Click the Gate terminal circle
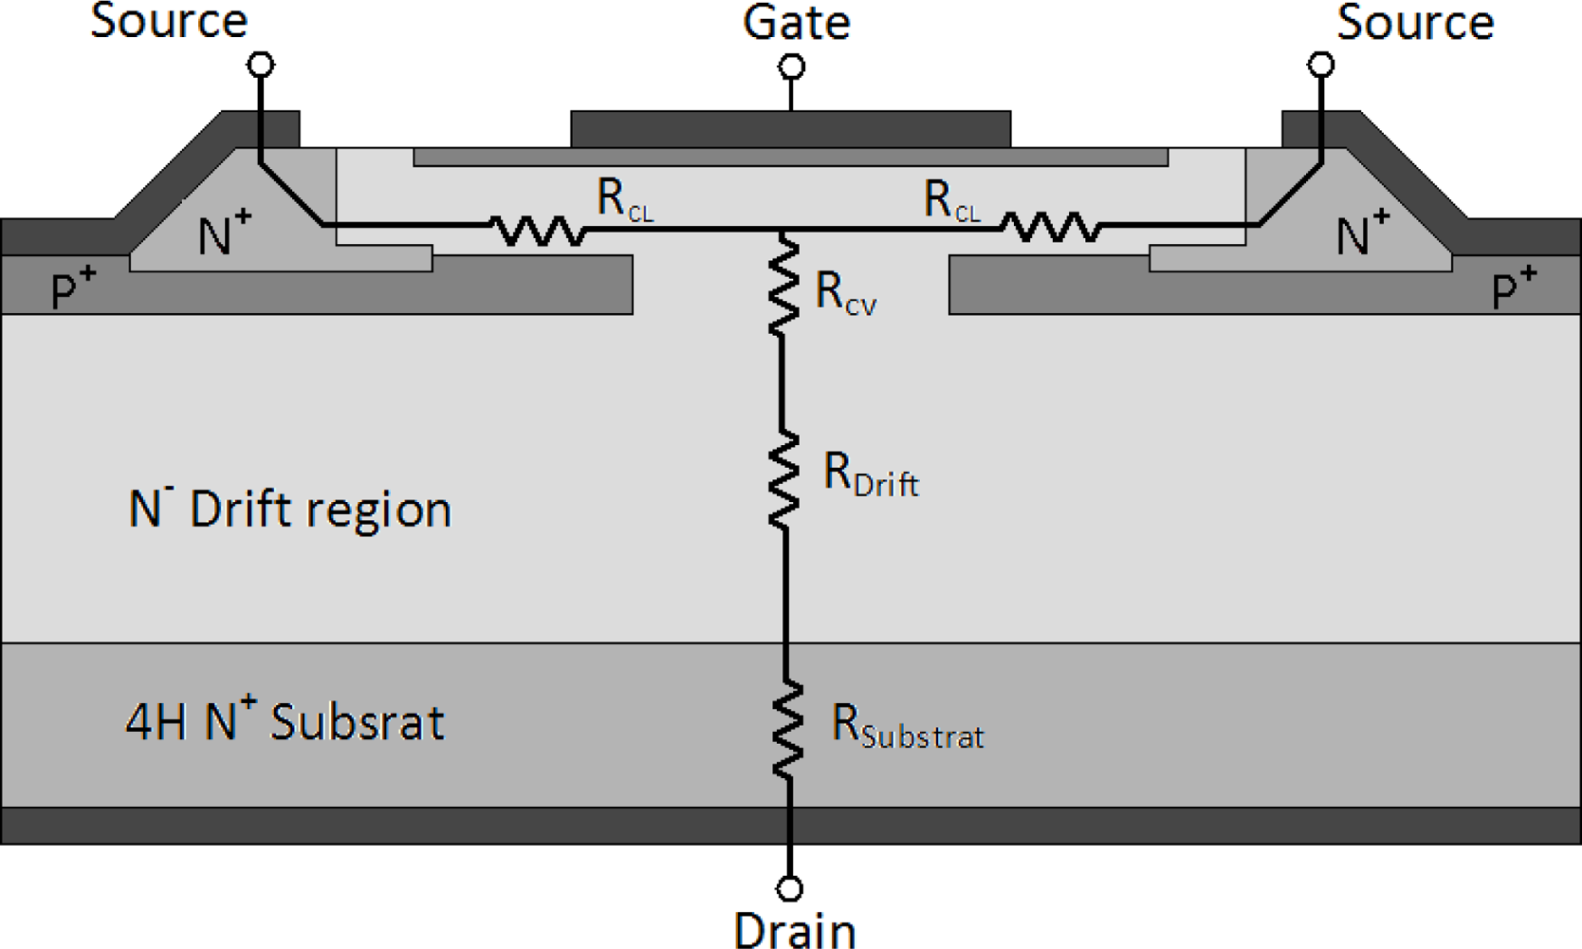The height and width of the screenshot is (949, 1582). pyautogui.click(x=792, y=66)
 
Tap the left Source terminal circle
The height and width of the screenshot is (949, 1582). pyautogui.click(x=261, y=65)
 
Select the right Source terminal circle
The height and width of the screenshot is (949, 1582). pyautogui.click(x=1321, y=65)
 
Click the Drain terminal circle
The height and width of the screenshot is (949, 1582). pyautogui.click(x=789, y=888)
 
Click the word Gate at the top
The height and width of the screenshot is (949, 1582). pyautogui.click(x=796, y=23)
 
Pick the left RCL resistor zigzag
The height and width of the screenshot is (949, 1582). pyautogui.click(x=538, y=230)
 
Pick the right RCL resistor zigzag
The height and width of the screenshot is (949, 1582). pyautogui.click(x=1051, y=228)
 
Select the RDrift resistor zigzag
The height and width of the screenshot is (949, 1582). pyautogui.click(x=783, y=479)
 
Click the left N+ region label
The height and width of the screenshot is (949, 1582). pyautogui.click(x=224, y=233)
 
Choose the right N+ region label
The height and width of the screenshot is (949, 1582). pyautogui.click(x=1362, y=233)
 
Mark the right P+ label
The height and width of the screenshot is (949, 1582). pyautogui.click(x=1514, y=288)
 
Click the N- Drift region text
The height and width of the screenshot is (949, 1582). pyautogui.click(x=289, y=509)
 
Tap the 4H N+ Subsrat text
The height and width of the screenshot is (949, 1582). pyautogui.click(x=285, y=721)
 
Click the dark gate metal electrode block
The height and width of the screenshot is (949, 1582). pyautogui.click(x=790, y=129)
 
